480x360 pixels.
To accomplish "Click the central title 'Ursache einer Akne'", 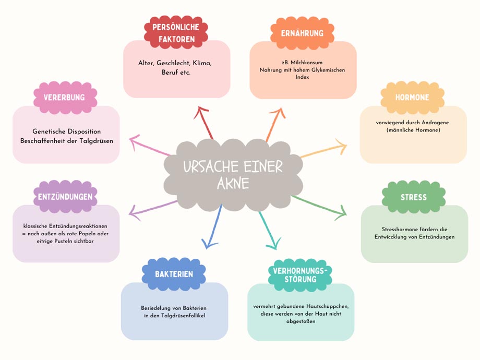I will coord(233,174).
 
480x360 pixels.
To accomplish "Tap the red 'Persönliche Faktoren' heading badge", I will coord(176,32).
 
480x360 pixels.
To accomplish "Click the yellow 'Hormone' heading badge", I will coord(412,98).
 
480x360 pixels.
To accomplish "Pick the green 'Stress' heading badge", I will coord(414,197).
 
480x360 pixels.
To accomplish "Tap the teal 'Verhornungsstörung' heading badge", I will coord(301,274).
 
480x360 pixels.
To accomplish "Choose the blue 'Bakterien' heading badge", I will coord(174,274).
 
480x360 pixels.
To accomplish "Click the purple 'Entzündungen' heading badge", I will coord(65,197).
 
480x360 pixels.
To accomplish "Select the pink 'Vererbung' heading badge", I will coord(65,98).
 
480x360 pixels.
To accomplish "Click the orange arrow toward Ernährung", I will coord(274,124).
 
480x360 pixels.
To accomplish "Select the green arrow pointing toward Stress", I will coord(319,205).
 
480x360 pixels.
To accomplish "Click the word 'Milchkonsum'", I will coord(309,63).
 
